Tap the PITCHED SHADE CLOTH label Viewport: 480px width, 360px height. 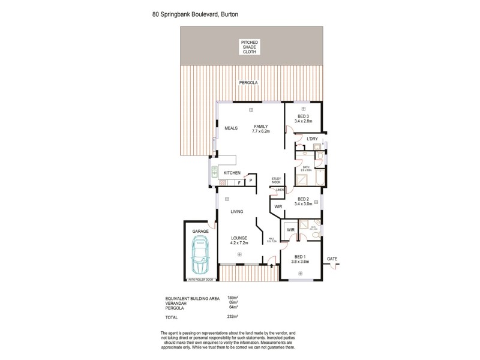pyautogui.click(x=249, y=47)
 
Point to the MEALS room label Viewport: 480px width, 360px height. pyautogui.click(x=231, y=128)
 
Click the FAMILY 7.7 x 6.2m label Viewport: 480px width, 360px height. pyautogui.click(x=261, y=128)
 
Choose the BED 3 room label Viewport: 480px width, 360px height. pyautogui.click(x=304, y=118)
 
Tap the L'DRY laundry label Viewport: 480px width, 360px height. pyautogui.click(x=312, y=139)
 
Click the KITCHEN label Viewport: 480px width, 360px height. pyautogui.click(x=232, y=173)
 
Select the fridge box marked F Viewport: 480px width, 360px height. pyautogui.click(x=239, y=182)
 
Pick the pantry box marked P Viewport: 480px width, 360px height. pyautogui.click(x=251, y=179)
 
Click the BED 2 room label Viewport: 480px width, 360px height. pyautogui.click(x=304, y=202)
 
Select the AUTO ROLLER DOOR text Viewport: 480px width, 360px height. pyautogui.click(x=200, y=280)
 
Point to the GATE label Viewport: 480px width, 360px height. pyautogui.click(x=332, y=259)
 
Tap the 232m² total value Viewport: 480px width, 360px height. pyautogui.click(x=233, y=316)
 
